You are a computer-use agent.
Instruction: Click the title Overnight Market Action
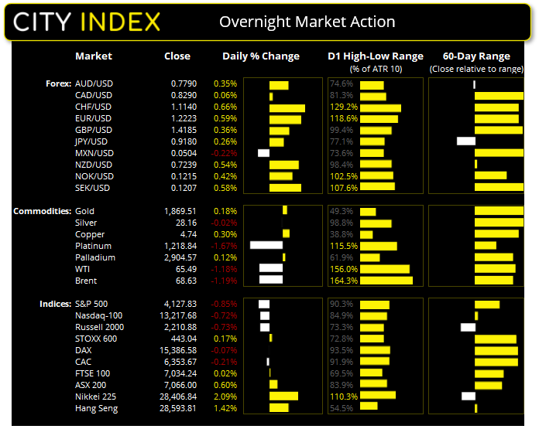pos(307,22)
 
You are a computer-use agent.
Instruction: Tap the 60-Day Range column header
pos(476,56)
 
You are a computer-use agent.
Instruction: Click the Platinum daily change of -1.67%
pos(225,246)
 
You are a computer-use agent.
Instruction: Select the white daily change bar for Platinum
pos(266,246)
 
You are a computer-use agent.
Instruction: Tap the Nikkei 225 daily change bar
pos(283,396)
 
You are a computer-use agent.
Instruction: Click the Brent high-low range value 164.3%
pos(342,281)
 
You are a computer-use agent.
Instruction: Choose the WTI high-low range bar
pos(385,269)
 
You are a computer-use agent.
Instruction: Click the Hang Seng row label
pos(97,407)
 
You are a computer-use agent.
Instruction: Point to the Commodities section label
pos(43,211)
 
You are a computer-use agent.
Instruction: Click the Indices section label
pos(56,304)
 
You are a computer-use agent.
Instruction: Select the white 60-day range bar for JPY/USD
pos(466,141)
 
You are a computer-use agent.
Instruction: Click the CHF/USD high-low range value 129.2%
pos(343,107)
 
